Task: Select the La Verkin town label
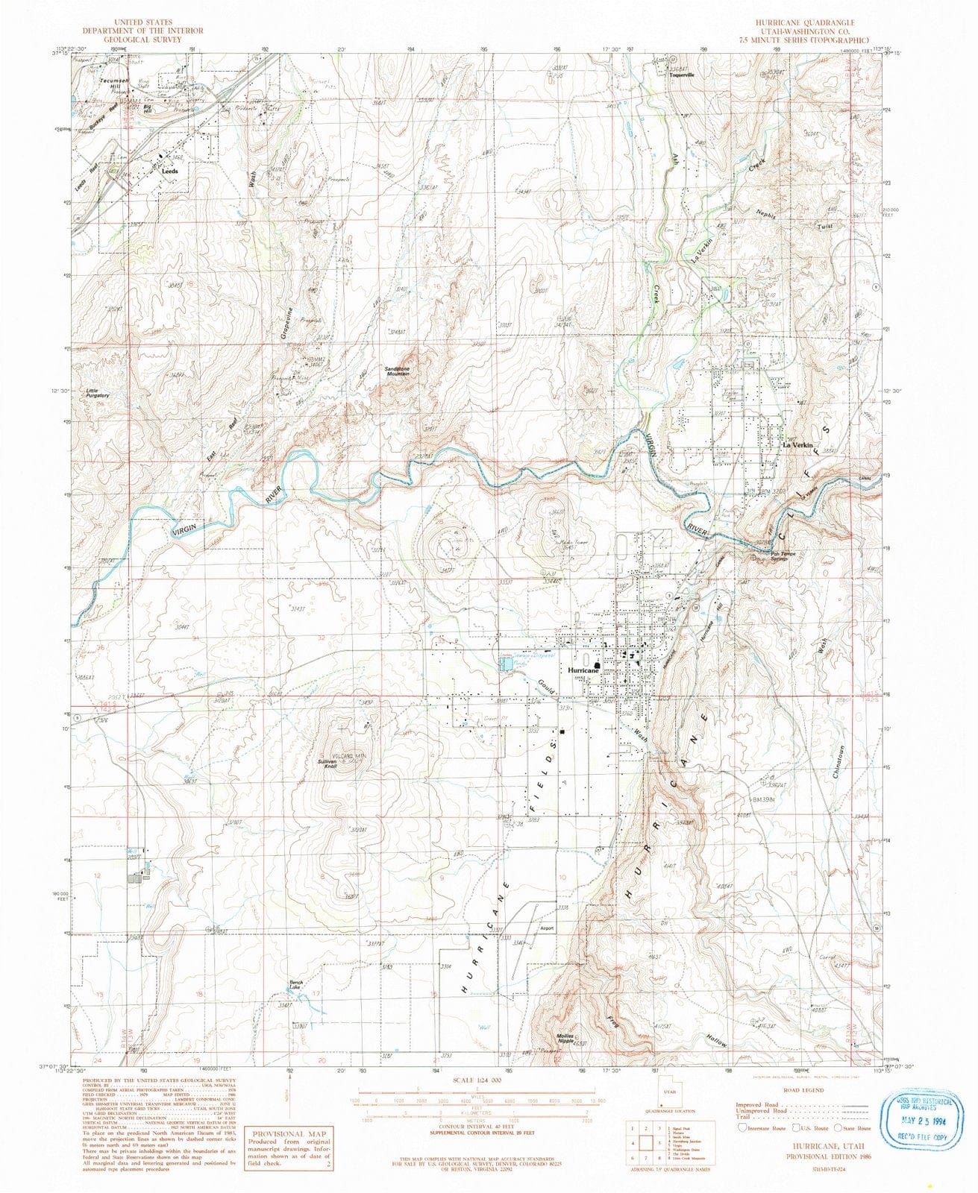(x=796, y=445)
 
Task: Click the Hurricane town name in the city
(x=583, y=670)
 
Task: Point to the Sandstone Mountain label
(x=397, y=371)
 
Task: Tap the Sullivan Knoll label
(x=327, y=764)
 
